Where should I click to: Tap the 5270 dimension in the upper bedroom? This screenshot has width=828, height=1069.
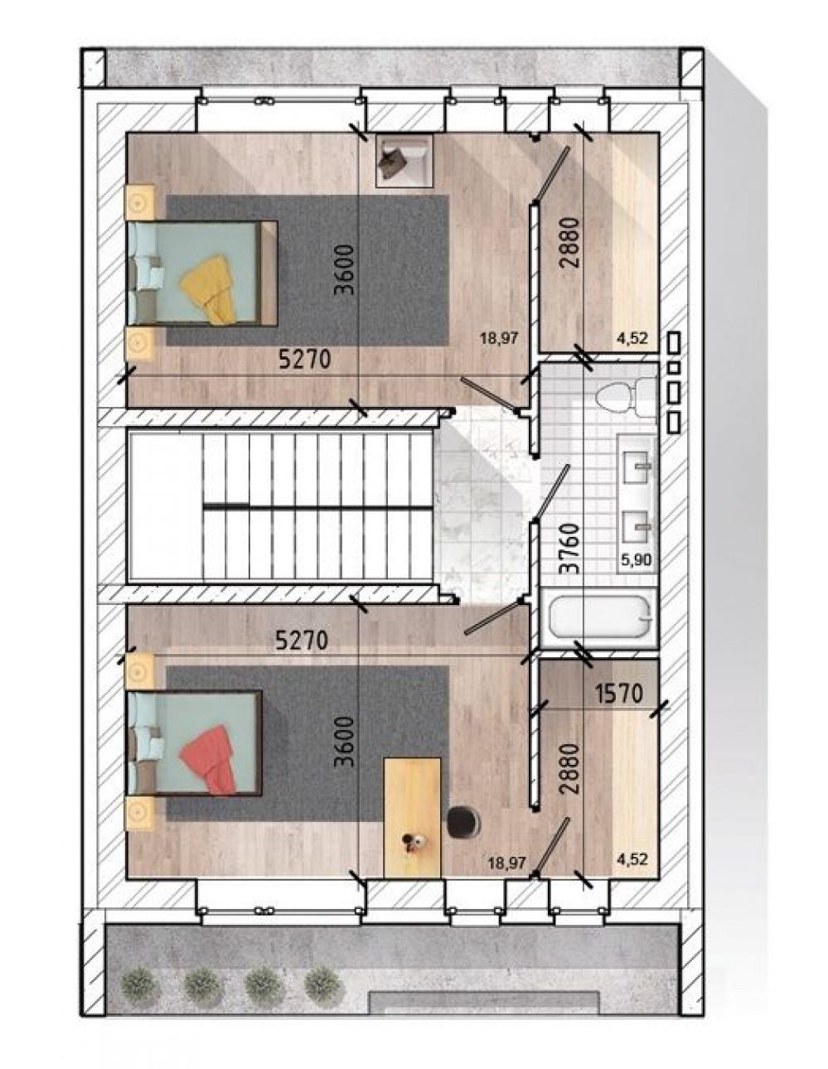tap(304, 360)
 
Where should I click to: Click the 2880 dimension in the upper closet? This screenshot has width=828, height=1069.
tap(570, 243)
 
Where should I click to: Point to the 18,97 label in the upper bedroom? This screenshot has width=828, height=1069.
tap(501, 338)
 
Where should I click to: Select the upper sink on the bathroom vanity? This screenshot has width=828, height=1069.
tap(637, 466)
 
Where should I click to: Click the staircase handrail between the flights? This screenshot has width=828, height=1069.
tap(317, 505)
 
